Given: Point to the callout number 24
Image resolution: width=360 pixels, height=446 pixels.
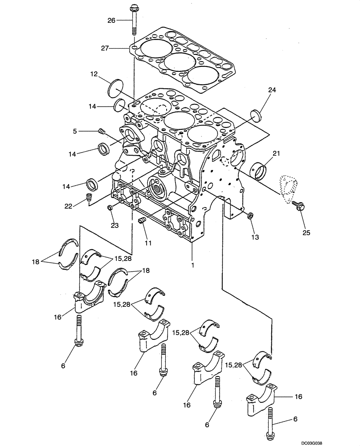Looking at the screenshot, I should [x=272, y=90].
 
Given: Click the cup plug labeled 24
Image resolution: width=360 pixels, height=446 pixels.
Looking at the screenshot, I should [x=257, y=115].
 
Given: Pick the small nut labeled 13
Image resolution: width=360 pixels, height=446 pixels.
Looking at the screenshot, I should [x=250, y=216].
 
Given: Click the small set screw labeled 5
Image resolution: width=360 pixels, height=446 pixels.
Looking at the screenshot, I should [x=101, y=131].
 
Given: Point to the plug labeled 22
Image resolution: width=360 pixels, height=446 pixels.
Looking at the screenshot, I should [x=89, y=197].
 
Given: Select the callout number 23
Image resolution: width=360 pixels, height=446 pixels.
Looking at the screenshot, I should [x=115, y=225].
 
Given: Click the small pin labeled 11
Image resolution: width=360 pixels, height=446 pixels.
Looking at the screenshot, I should [x=142, y=222].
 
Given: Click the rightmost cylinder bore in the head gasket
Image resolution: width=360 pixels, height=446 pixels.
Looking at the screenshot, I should [x=203, y=76].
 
